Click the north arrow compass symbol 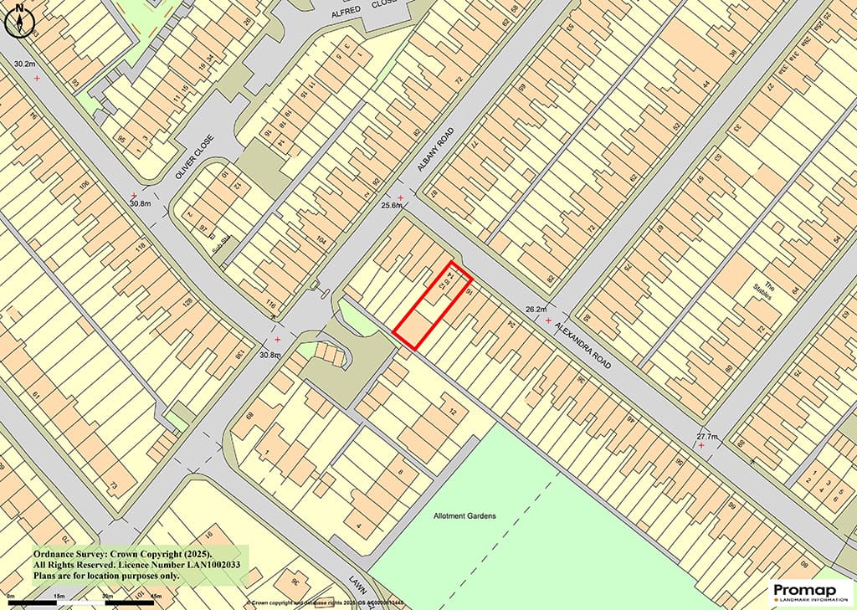[x=17, y=21]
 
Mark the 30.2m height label [x=23, y=63]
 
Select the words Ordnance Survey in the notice [x=68, y=554]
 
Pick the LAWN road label [x=359, y=583]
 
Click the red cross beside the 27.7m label [x=701, y=446]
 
